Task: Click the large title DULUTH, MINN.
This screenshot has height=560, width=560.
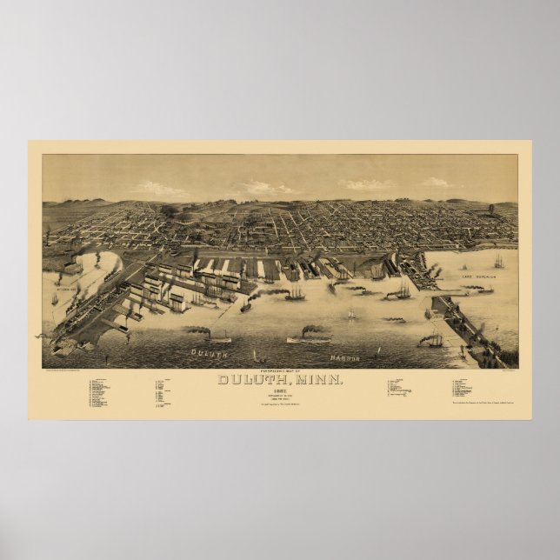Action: pyautogui.click(x=280, y=379)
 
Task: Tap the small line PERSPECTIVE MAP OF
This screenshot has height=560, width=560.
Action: pyautogui.click(x=280, y=370)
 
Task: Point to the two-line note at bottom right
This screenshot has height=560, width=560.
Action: pyautogui.click(x=484, y=401)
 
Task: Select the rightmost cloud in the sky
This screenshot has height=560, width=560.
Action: pyautogui.click(x=436, y=183)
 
